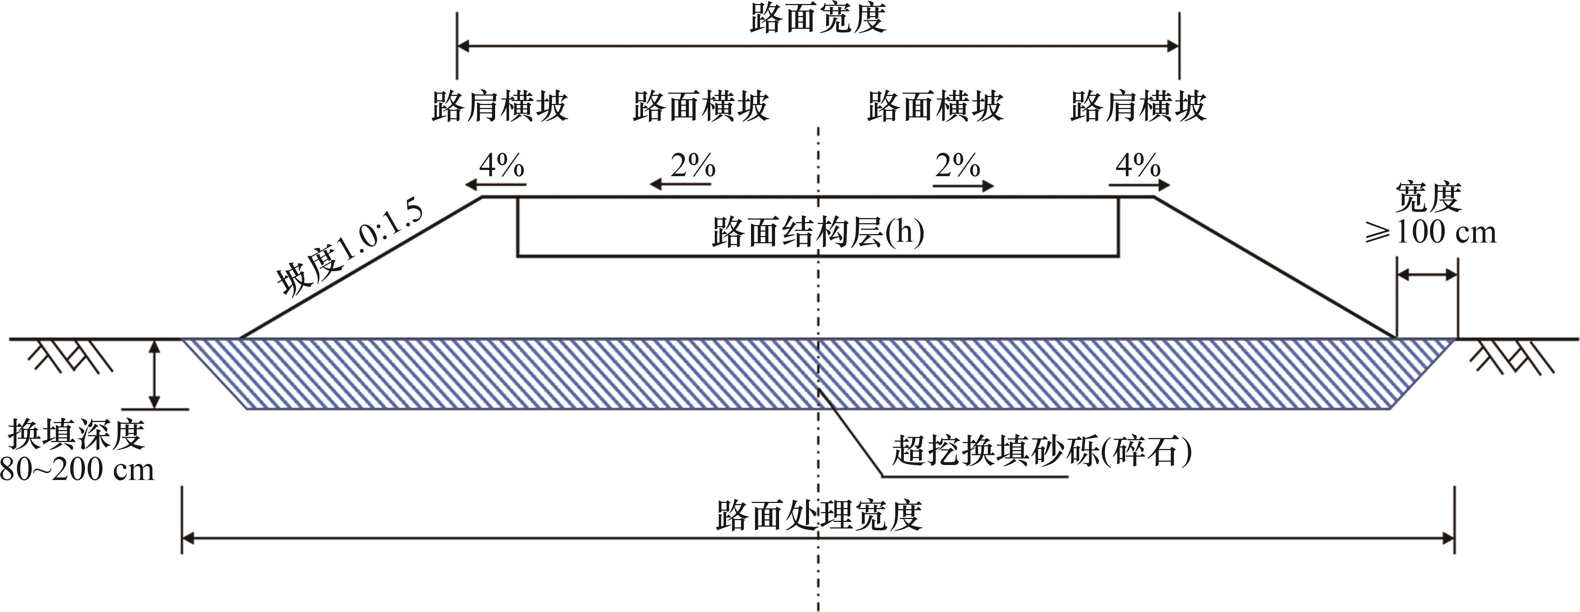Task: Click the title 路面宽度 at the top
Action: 818,18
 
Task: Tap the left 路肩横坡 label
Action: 500,107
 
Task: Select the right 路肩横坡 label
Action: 1139,107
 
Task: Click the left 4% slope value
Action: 502,164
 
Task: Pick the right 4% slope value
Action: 1138,164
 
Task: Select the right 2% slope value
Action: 957,164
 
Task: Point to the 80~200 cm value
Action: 76,470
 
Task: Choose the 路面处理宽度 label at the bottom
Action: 819,516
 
